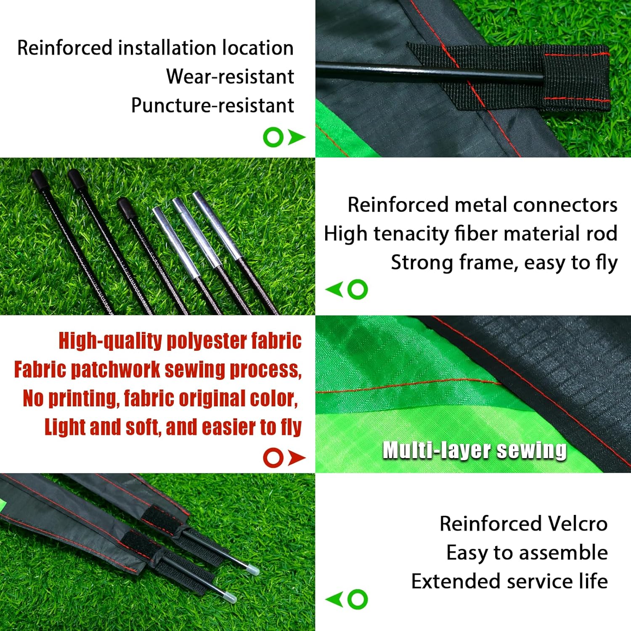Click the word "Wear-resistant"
click(230, 77)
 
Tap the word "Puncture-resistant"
click(212, 105)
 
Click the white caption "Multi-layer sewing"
click(475, 450)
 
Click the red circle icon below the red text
click(273, 457)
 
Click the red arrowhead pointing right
click(297, 457)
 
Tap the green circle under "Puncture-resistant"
click(273, 137)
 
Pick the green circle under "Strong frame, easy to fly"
click(358, 289)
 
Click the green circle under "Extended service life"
click(358, 599)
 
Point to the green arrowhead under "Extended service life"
click(334, 599)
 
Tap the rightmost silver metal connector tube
click(215, 226)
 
